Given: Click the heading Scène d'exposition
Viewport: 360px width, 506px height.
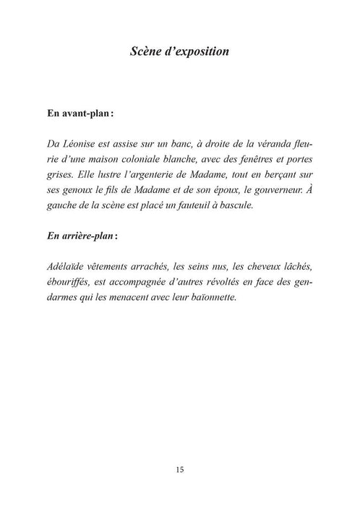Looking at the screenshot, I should pos(179,51).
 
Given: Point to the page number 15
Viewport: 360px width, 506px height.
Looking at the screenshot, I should pos(179,468).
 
